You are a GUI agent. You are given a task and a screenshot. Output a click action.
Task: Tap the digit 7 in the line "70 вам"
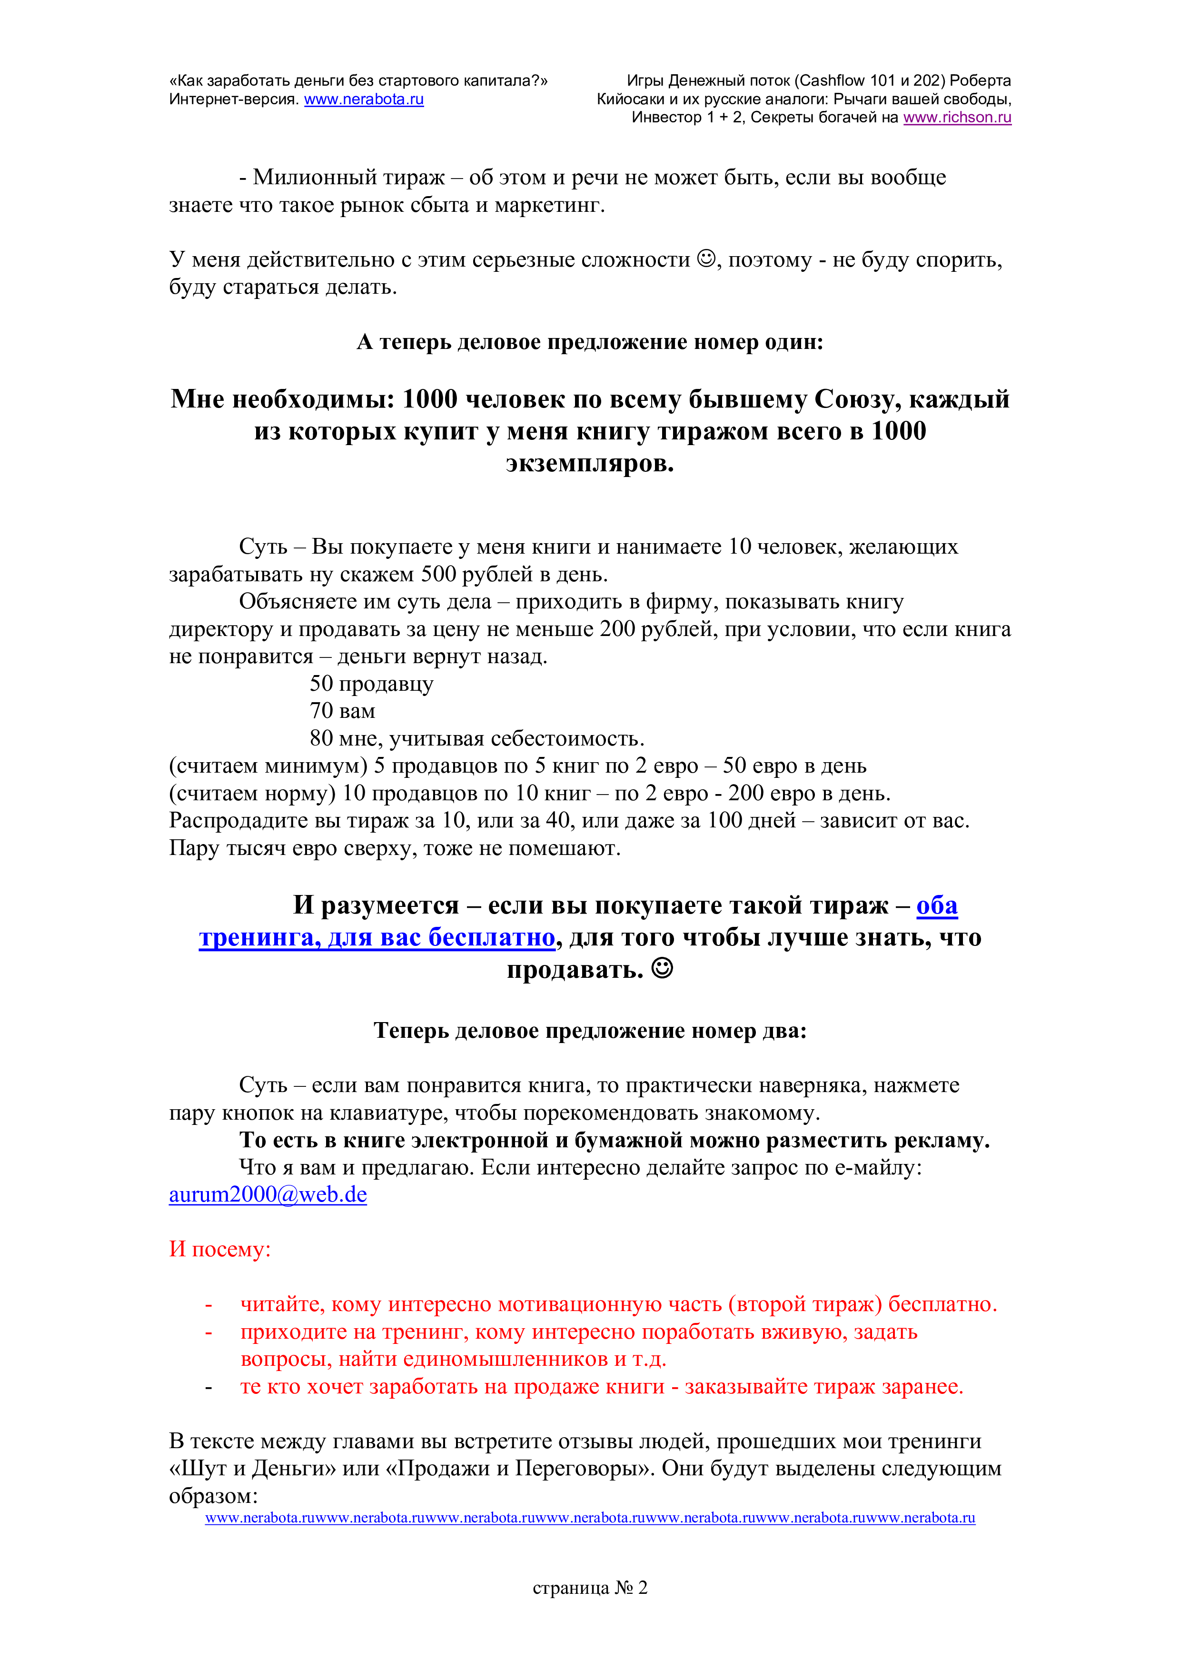coord(316,711)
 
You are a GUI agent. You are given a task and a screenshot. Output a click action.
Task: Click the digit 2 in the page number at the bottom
coord(642,1588)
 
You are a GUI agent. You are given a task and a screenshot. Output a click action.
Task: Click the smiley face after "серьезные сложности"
coord(706,259)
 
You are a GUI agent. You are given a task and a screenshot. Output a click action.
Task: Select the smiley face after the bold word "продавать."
coord(662,968)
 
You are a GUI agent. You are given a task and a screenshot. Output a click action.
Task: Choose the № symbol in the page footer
coord(624,1588)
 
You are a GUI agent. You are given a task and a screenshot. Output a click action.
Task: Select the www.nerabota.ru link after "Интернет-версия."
coord(364,99)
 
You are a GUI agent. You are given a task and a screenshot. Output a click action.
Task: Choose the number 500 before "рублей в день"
coord(438,575)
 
